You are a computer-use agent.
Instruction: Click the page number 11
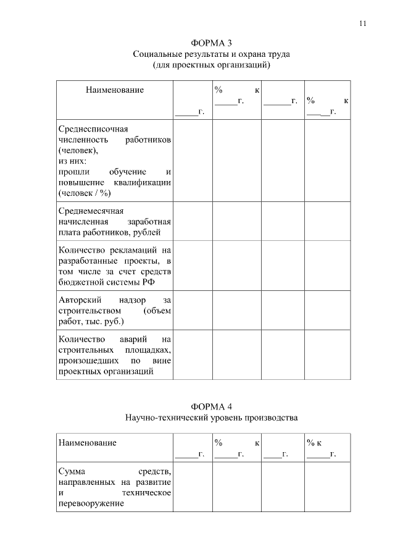[x=362, y=23]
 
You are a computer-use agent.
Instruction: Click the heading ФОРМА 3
[x=212, y=43]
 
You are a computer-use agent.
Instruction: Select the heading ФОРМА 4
[x=212, y=406]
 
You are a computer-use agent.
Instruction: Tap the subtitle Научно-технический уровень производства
[x=212, y=418]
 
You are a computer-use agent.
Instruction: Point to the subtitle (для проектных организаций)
[x=212, y=64]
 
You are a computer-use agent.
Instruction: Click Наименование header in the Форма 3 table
[x=115, y=90]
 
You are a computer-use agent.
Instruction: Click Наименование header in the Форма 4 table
[x=88, y=443]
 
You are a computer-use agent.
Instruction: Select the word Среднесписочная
[x=93, y=129]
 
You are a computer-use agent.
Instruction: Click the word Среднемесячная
[x=91, y=210]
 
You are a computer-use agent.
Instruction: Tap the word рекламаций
[x=129, y=250]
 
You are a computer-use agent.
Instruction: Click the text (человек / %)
[x=84, y=192]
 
